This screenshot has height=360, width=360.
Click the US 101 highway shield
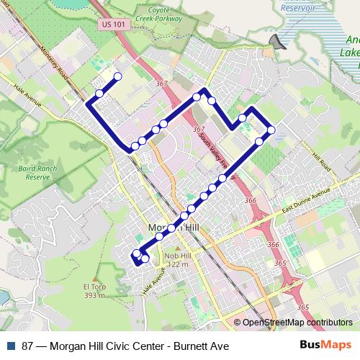(x=107, y=24)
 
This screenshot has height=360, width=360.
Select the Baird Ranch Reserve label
(x=37, y=172)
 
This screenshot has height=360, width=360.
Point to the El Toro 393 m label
(x=94, y=289)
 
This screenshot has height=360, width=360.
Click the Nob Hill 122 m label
(x=176, y=260)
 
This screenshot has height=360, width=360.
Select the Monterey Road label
(x=54, y=68)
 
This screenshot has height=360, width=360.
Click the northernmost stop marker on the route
(x=117, y=76)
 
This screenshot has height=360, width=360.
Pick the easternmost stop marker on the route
(x=271, y=130)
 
